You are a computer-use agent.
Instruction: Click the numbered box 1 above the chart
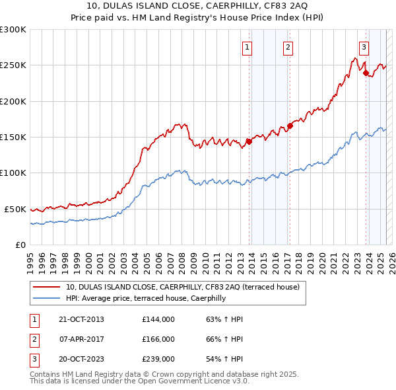pos(247,47)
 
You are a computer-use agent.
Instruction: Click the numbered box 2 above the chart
pos(288,47)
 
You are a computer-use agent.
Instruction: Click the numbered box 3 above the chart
pos(364,47)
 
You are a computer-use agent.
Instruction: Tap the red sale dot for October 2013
pos(249,141)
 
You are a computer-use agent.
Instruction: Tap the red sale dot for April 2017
pos(290,126)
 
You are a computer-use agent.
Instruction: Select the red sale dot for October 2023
pos(366,73)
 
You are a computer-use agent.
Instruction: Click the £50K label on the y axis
pos(15,209)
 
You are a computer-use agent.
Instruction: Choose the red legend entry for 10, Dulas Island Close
pos(182,287)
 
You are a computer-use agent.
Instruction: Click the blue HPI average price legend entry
pos(145,298)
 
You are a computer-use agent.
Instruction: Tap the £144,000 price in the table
pos(158,319)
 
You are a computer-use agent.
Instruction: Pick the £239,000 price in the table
pos(158,359)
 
